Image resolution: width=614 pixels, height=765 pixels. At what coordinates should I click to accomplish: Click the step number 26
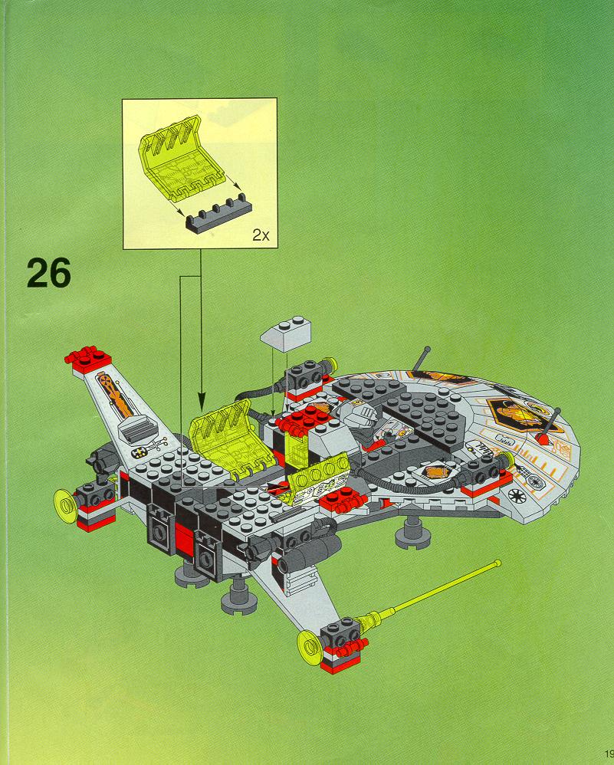pos(49,272)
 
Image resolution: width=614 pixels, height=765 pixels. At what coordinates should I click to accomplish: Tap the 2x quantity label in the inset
pos(261,236)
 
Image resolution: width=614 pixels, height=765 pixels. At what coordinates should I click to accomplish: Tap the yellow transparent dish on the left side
pos(67,504)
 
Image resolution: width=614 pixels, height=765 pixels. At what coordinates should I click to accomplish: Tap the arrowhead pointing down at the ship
pos(201,401)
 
